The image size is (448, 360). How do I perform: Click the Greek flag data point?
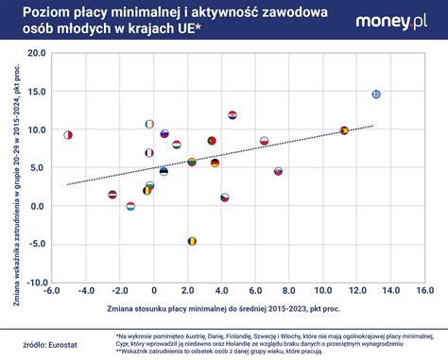click(x=376, y=94)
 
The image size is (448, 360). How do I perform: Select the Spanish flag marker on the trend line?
click(x=344, y=130)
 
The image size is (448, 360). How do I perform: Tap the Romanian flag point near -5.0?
click(x=192, y=241)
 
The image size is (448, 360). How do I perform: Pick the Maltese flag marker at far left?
click(x=68, y=135)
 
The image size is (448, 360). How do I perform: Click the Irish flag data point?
click(x=149, y=124)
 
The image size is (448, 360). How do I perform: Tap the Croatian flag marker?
click(x=233, y=115)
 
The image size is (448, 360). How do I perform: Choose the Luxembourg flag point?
click(x=130, y=206)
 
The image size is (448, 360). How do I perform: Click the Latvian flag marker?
click(x=112, y=195)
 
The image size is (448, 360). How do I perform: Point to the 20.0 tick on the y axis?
click(x=35, y=53)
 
